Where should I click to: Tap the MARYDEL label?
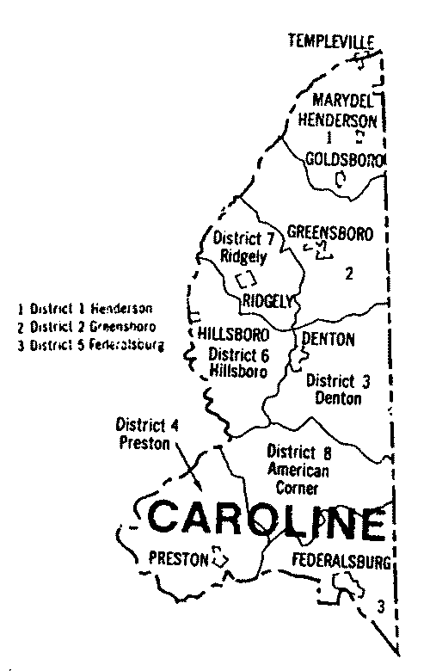(x=340, y=100)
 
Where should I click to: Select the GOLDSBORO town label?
(x=343, y=159)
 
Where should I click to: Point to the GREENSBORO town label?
(x=329, y=231)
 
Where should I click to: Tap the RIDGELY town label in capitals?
(x=268, y=300)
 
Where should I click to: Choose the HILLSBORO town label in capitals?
(x=233, y=333)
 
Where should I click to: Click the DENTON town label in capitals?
(x=328, y=339)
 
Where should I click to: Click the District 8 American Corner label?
(x=294, y=470)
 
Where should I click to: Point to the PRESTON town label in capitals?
(x=179, y=558)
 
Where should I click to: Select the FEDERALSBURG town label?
(x=341, y=563)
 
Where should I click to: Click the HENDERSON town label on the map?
(x=339, y=119)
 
